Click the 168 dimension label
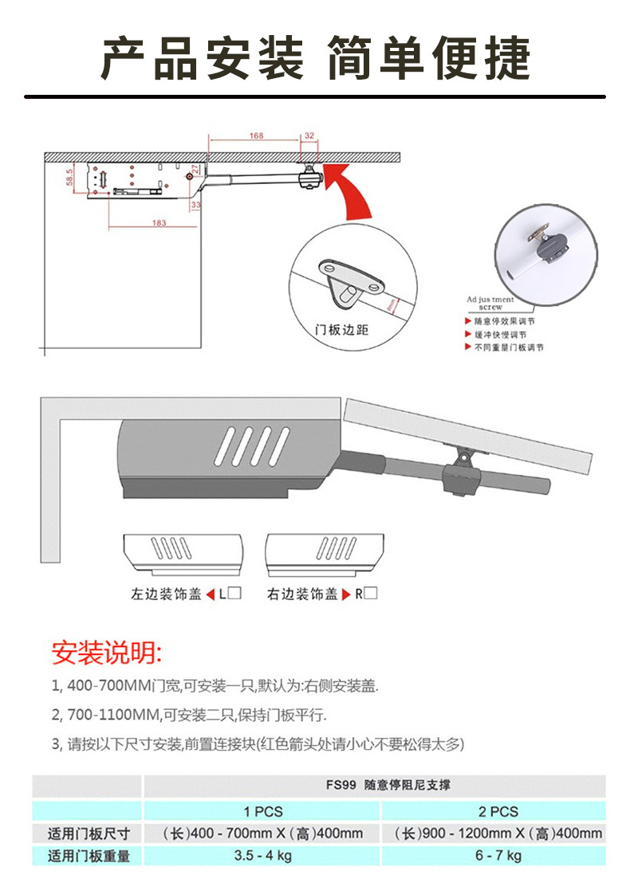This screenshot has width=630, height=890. (256, 136)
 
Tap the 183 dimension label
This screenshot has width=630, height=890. (159, 223)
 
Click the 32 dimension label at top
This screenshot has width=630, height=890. (309, 136)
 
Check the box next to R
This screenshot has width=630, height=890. (371, 593)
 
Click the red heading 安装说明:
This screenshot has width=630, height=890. (107, 653)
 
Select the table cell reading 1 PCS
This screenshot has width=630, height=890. (263, 811)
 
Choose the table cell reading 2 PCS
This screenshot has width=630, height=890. (498, 811)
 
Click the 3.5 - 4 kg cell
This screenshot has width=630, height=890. (263, 856)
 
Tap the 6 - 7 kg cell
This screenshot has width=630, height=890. (498, 856)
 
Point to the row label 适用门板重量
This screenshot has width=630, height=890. (89, 857)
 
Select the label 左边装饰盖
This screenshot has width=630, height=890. (166, 594)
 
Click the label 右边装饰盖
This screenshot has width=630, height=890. (302, 594)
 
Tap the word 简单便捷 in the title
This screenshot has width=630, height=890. (429, 57)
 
